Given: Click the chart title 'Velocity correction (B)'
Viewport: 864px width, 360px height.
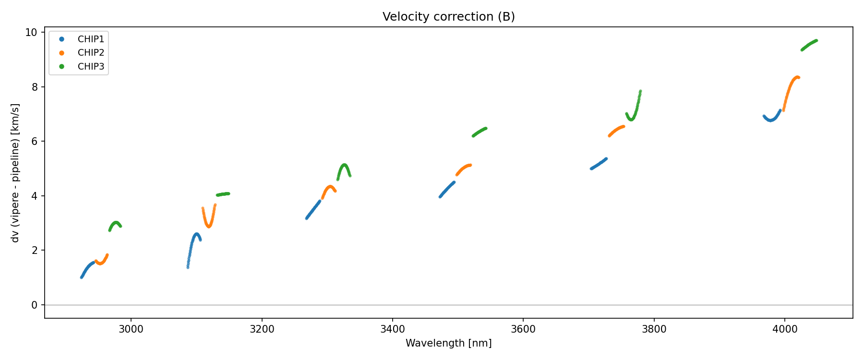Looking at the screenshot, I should (x=448, y=17).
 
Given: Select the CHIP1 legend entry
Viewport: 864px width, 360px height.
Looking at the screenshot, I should (x=91, y=39).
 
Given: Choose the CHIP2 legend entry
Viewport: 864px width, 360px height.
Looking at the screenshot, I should (x=91, y=53).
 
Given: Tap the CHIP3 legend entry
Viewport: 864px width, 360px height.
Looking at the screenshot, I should (x=91, y=67).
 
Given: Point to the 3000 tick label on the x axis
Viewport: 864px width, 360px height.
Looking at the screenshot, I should (x=131, y=329).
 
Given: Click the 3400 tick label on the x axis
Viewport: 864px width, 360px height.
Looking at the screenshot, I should (x=392, y=329).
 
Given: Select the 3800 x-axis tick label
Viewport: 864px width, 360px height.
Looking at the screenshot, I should (x=654, y=329).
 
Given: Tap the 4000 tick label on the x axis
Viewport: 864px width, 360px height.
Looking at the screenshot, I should (x=784, y=329).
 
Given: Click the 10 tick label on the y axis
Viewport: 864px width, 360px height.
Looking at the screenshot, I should (x=31, y=33).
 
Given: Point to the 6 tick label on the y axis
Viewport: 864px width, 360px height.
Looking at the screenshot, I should (x=34, y=142).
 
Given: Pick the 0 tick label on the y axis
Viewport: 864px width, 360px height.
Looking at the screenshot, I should (x=34, y=305).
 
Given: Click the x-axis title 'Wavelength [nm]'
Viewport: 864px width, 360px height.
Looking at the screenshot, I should (x=448, y=343).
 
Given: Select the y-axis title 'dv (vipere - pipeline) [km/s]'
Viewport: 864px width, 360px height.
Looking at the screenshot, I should (x=15, y=173).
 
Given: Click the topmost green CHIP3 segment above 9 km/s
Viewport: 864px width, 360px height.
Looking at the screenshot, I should (x=809, y=45).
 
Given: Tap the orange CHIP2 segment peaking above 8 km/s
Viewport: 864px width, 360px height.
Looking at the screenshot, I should (x=790, y=86).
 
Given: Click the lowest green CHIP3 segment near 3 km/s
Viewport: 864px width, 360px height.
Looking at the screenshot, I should (x=115, y=223).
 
